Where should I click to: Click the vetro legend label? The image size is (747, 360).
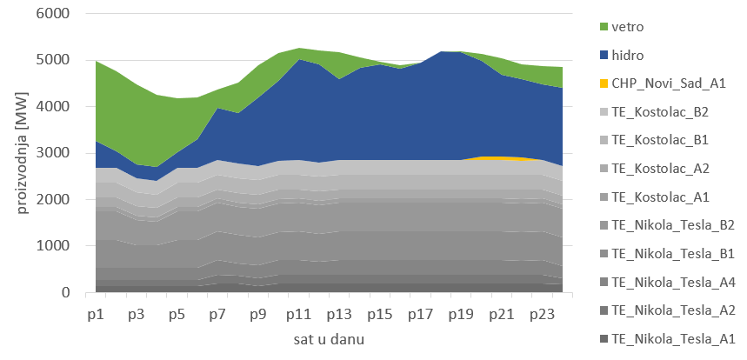click(x=629, y=27)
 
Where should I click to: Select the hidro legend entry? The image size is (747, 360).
click(x=629, y=55)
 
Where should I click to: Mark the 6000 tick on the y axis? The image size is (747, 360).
click(x=65, y=15)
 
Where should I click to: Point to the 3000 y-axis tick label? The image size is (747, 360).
click(x=65, y=154)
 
